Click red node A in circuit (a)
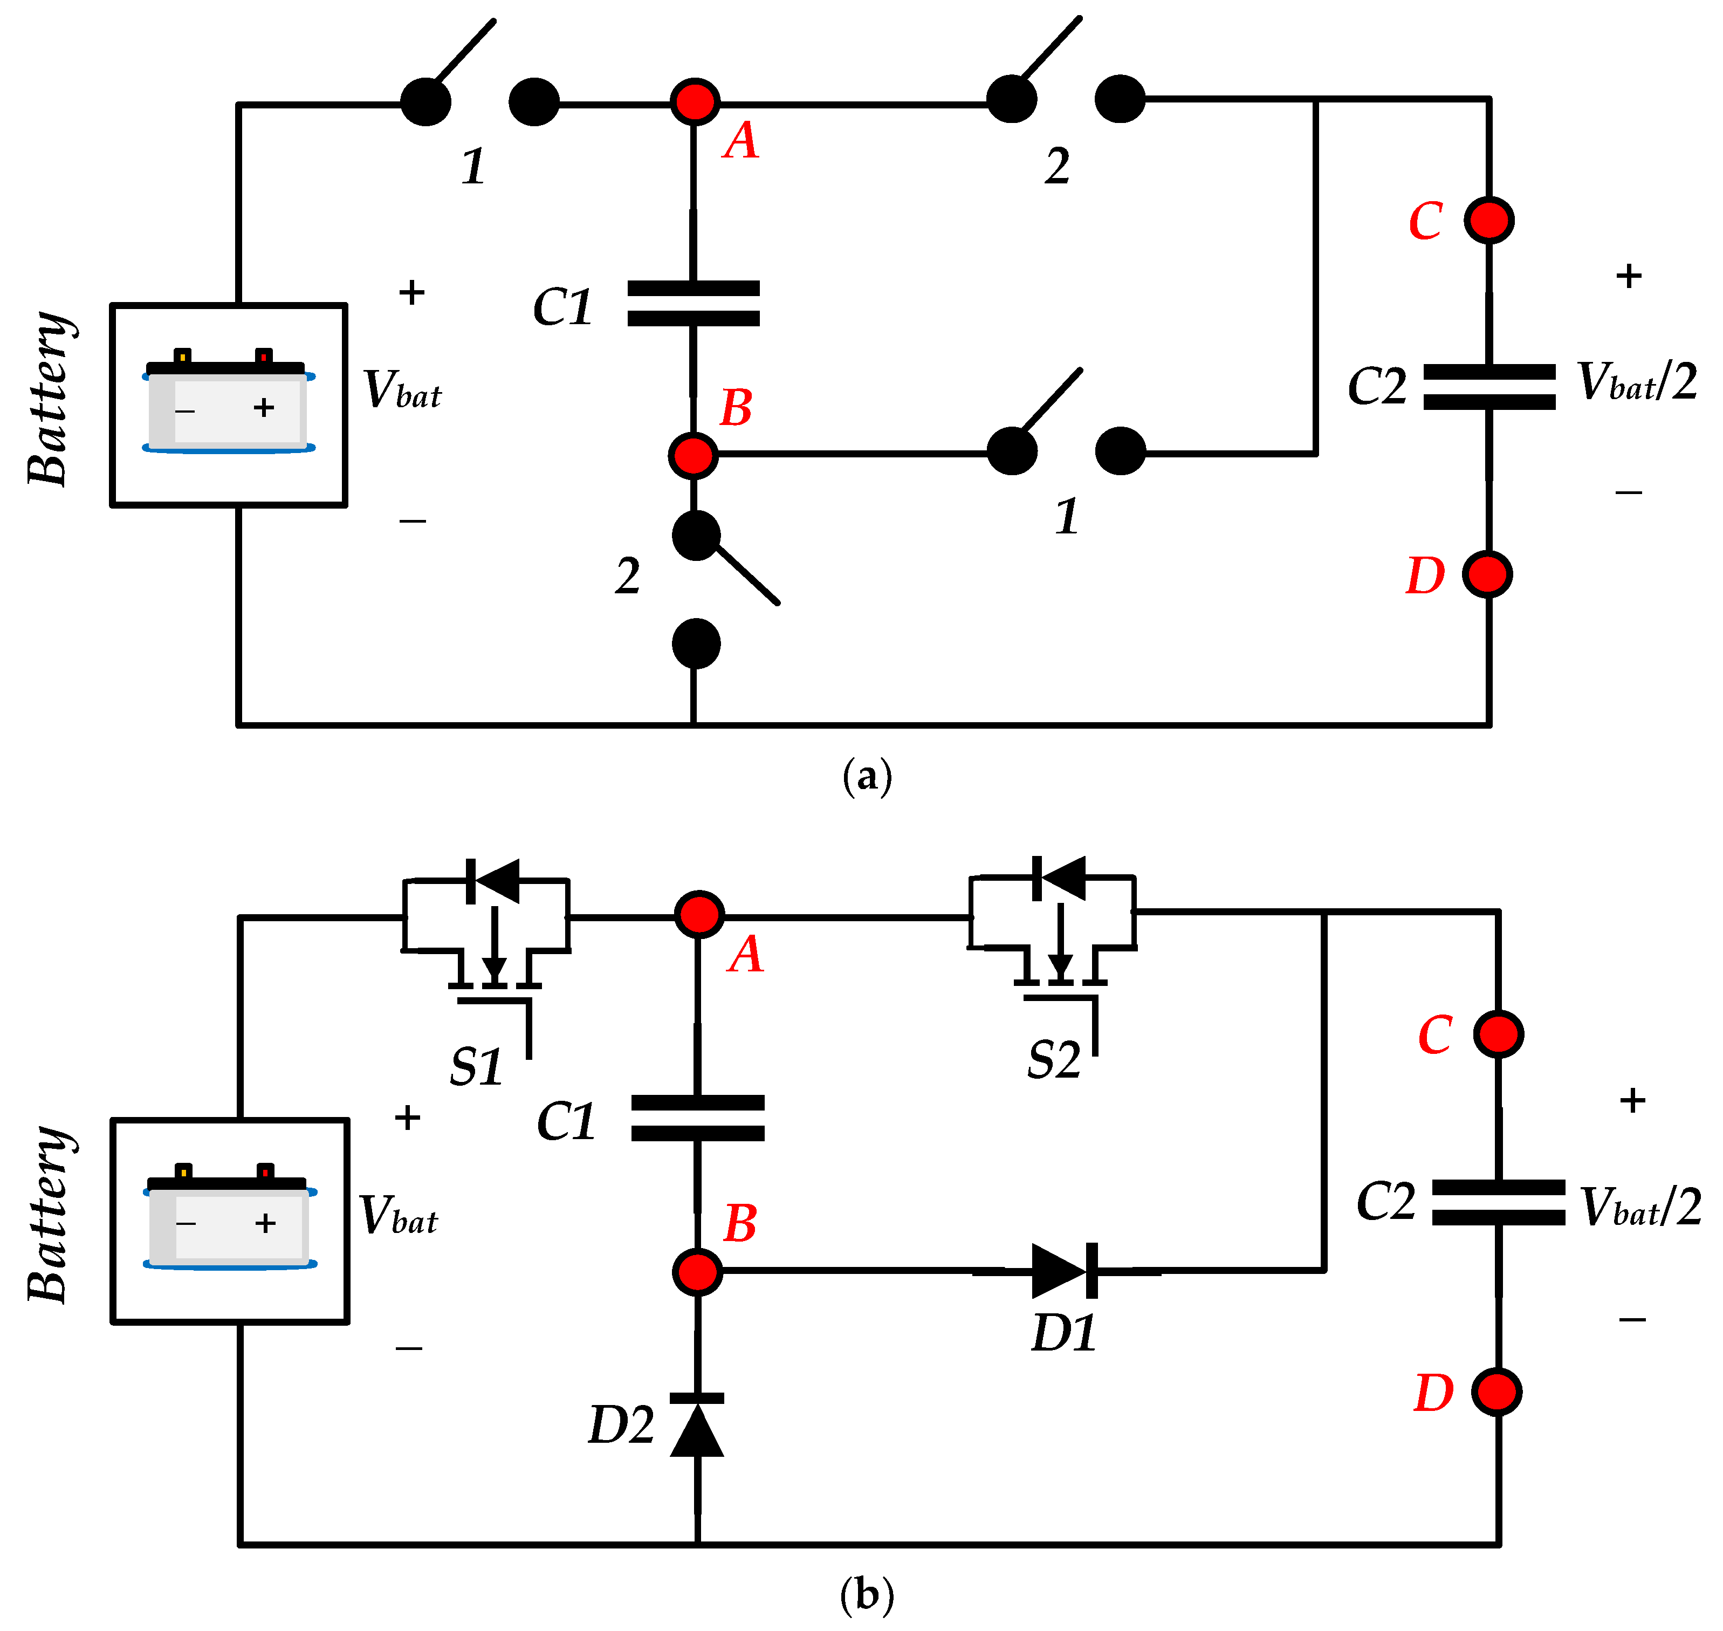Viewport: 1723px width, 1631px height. click(x=694, y=102)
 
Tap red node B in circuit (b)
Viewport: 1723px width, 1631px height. click(x=697, y=1271)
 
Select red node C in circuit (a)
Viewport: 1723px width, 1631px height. click(x=1488, y=220)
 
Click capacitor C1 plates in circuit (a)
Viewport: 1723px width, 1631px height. click(x=693, y=304)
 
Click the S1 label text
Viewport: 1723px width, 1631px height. click(x=476, y=1067)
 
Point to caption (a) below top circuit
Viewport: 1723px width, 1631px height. click(x=867, y=776)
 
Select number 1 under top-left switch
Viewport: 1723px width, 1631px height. click(x=473, y=166)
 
